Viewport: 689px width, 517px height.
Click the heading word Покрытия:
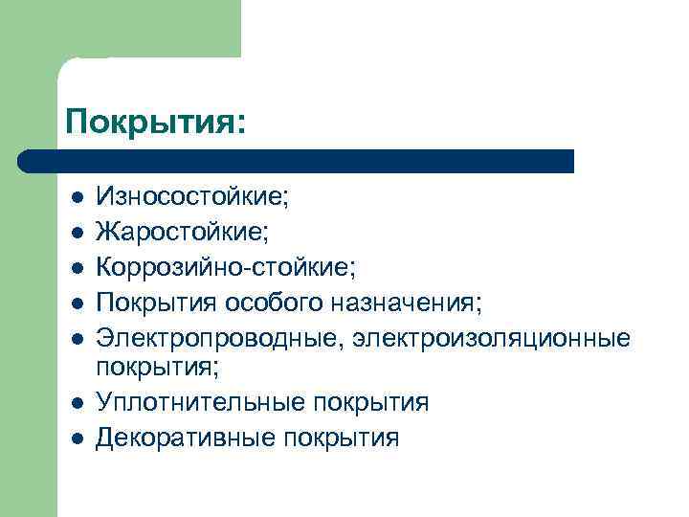(156, 122)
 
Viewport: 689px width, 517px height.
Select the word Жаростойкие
(183, 233)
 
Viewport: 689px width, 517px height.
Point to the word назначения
(417, 304)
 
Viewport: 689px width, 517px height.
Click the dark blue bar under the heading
(297, 161)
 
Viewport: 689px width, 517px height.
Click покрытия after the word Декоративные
(341, 438)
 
